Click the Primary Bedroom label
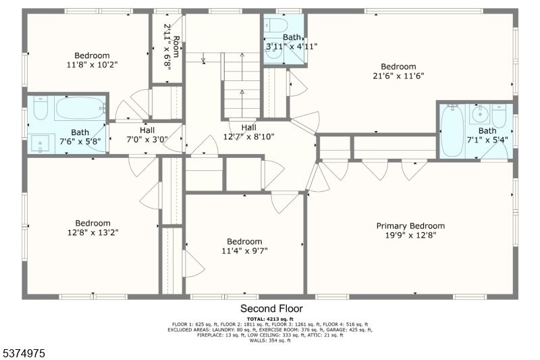pos(410,226)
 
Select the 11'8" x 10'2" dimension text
pos(92,66)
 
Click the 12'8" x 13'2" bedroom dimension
pos(92,232)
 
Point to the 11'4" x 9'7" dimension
pos(244,251)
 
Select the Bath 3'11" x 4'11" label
pos(291,46)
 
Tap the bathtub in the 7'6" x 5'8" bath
pos(80,108)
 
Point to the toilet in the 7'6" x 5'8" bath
pos(40,108)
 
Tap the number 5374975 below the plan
pos(24,353)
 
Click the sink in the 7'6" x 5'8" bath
pos(42,143)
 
